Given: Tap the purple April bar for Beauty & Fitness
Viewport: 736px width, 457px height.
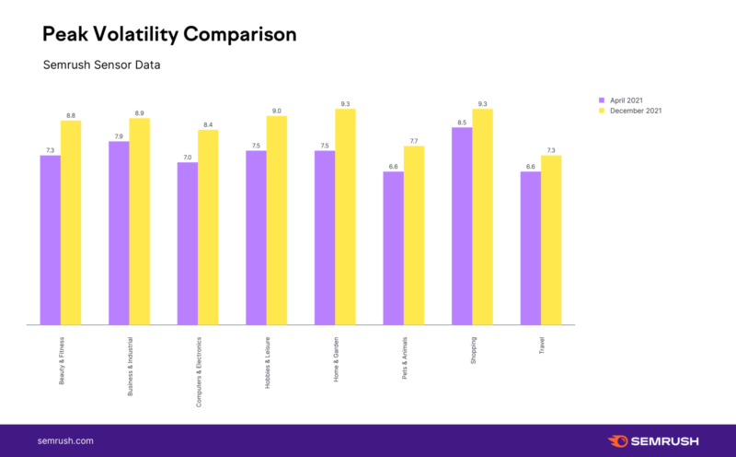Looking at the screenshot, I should click(x=50, y=240).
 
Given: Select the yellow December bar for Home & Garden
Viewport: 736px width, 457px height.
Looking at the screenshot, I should click(x=345, y=217).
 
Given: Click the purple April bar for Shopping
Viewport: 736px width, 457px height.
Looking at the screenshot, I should click(x=462, y=226).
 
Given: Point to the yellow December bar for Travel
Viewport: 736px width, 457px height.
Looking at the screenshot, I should click(x=551, y=240).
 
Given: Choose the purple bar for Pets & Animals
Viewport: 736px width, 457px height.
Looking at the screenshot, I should click(x=393, y=248).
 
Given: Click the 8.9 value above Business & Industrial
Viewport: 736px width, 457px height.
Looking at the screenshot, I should click(x=139, y=113).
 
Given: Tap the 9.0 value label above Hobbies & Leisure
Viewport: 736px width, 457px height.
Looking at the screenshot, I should click(x=276, y=111).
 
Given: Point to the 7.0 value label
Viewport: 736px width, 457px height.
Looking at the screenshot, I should click(x=187, y=158).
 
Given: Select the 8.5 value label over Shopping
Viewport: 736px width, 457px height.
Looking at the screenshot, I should click(x=462, y=123).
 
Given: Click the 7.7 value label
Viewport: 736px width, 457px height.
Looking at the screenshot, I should click(x=414, y=141).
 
